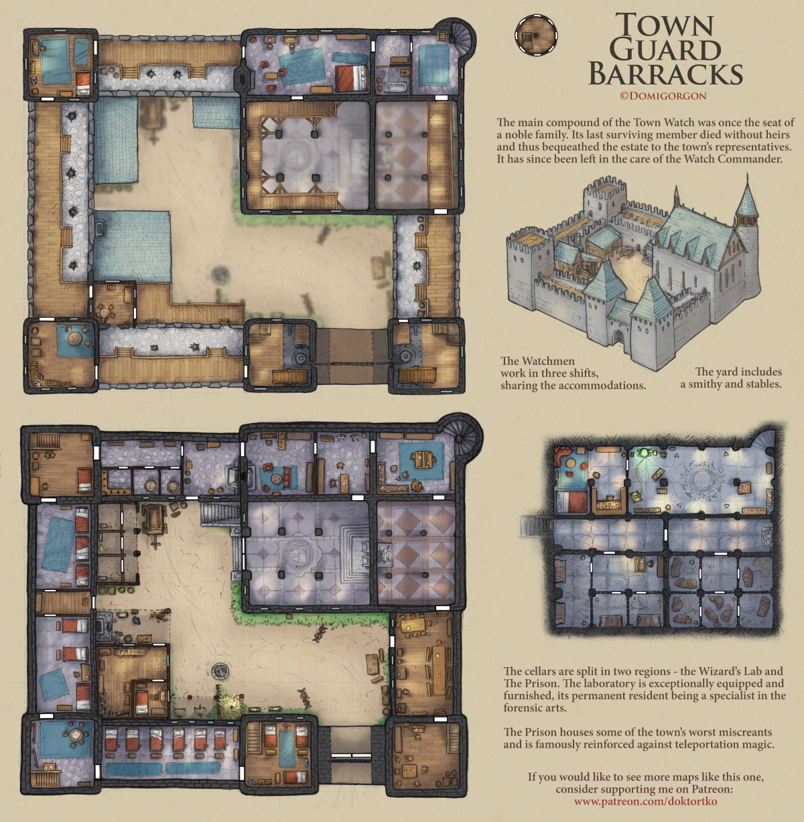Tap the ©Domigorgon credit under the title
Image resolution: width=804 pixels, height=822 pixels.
[663, 96]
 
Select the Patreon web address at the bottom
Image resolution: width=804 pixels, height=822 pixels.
[645, 801]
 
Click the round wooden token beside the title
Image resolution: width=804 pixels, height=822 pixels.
[535, 36]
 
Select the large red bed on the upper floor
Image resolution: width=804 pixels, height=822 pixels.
[351, 78]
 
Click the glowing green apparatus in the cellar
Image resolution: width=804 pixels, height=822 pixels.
[647, 455]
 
